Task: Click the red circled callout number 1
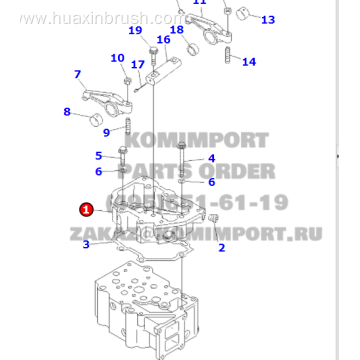(x=86, y=210)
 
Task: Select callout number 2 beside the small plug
(x=222, y=247)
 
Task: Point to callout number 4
(x=211, y=159)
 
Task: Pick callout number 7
(x=77, y=74)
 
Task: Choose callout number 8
(x=67, y=111)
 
